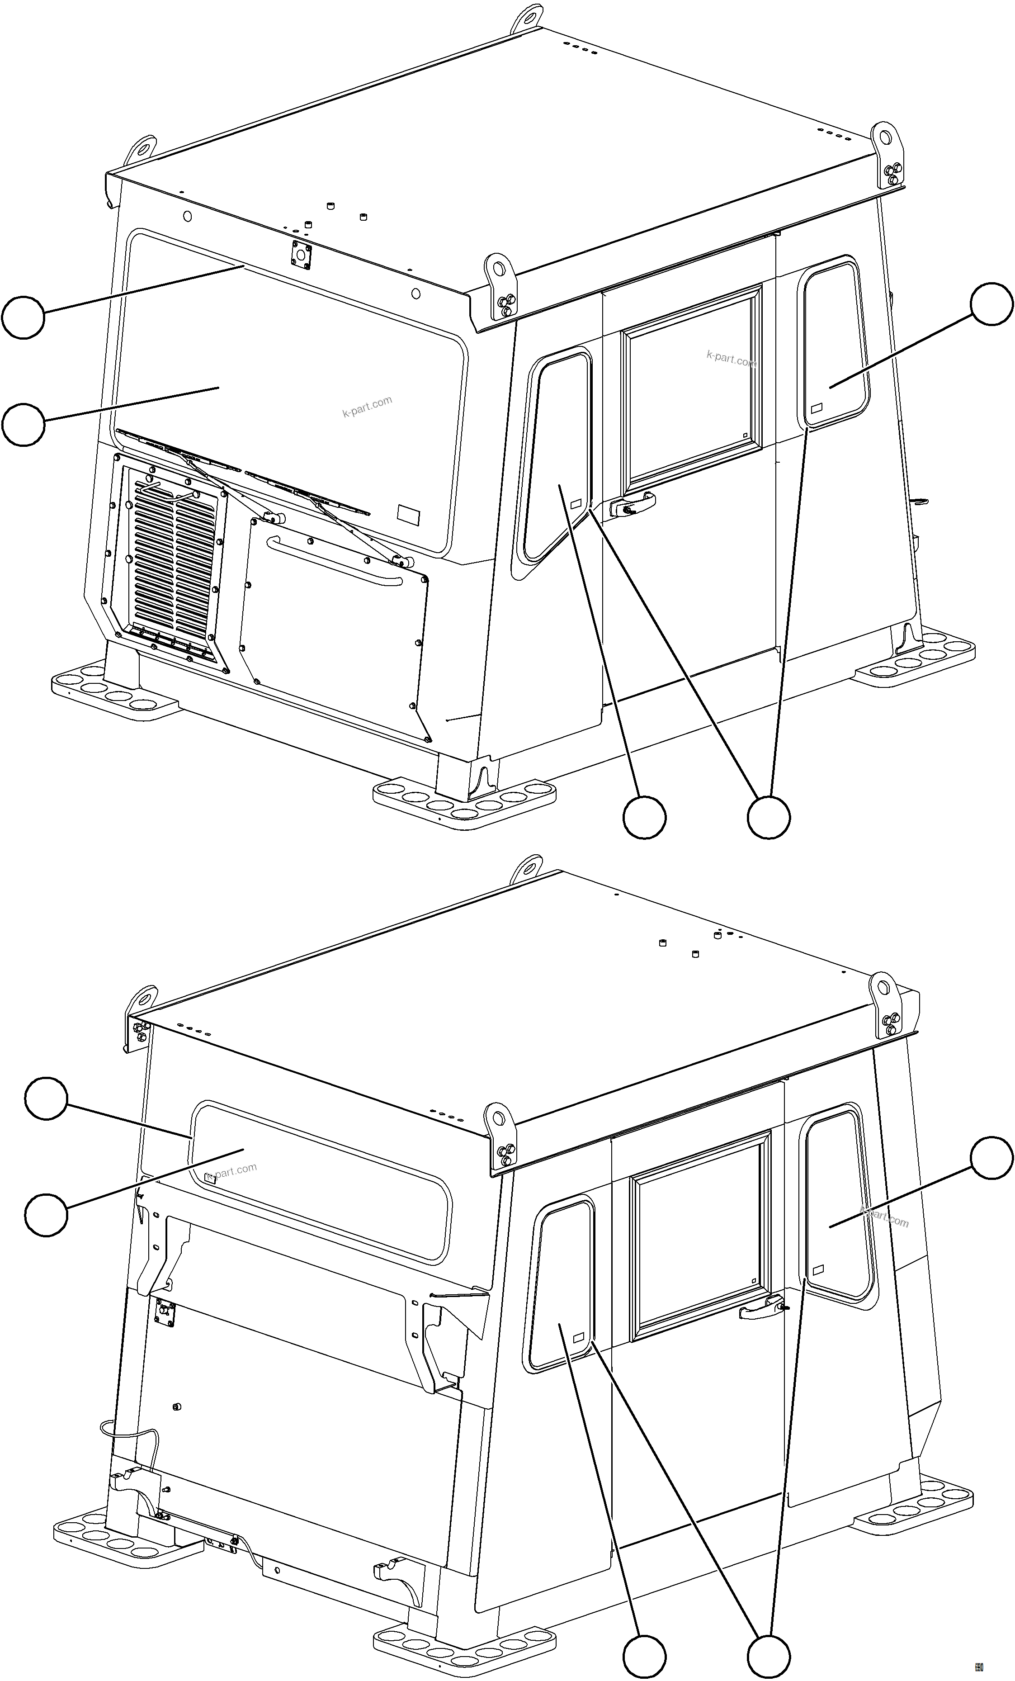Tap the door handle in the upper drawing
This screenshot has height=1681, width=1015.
[633, 506]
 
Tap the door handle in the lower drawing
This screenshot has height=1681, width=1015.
[760, 1311]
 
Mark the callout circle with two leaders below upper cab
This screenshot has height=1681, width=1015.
[769, 816]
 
